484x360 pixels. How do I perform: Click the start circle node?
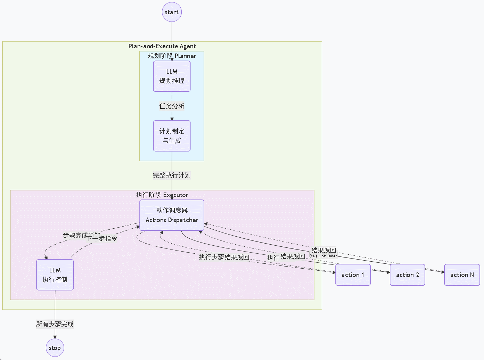pos(172,12)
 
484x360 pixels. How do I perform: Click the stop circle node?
pos(55,348)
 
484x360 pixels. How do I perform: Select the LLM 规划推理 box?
pos(172,76)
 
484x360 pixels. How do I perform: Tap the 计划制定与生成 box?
pos(172,136)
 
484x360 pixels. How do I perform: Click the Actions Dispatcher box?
pos(172,215)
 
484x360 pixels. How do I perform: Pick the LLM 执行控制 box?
pos(55,275)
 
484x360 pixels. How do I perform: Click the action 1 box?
pos(353,275)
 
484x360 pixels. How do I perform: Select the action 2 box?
pos(407,275)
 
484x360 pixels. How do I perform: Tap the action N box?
pos(462,275)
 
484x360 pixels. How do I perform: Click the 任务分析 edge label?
pos(172,106)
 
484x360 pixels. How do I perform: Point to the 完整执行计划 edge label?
pos(172,175)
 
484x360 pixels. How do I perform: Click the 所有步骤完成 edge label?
pos(55,324)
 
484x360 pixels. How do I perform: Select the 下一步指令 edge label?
pos(102,238)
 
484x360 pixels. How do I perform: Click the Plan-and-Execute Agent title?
pos(162,46)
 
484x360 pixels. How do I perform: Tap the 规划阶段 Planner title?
pos(172,56)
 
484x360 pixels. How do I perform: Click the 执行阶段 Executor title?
pos(162,195)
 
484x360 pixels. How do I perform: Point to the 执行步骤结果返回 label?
pos(224,257)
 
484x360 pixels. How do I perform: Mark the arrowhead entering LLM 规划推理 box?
pos(172,59)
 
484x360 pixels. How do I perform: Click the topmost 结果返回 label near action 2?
pos(324,250)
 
